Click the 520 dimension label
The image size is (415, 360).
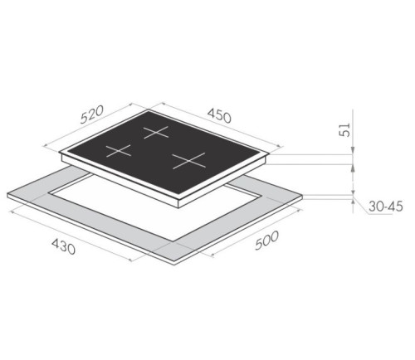[92, 114]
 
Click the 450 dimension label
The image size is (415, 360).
[219, 115]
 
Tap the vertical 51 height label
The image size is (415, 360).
[344, 129]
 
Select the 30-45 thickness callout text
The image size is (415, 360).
[386, 207]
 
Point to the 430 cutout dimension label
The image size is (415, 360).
[63, 246]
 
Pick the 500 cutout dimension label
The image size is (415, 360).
[266, 241]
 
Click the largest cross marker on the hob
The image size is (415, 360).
[189, 161]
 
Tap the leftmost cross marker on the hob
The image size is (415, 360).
[119, 151]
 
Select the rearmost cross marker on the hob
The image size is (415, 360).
[156, 132]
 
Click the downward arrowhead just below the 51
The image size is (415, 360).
[353, 150]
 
